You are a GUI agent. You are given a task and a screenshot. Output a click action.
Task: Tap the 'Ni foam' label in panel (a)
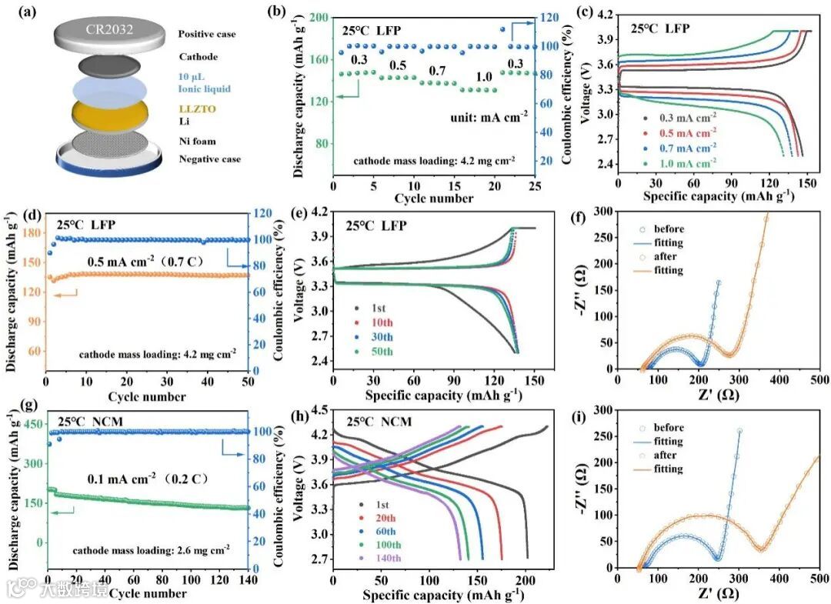(x=197, y=141)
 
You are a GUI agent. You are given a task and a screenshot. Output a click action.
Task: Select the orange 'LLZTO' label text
(x=197, y=109)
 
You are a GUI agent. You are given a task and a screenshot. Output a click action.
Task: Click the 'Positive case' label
(x=207, y=35)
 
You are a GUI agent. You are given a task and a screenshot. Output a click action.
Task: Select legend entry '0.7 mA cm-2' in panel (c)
(x=694, y=146)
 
